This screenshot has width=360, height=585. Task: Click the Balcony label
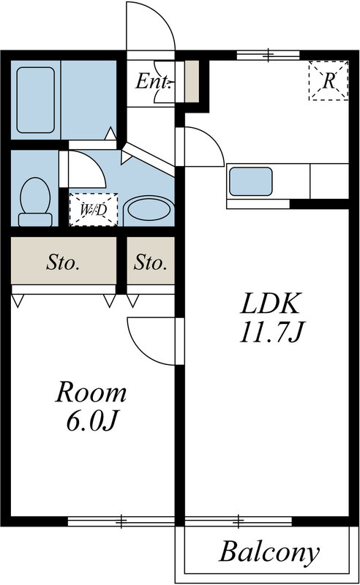tap(269, 552)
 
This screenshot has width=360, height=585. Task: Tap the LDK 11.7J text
tap(270, 318)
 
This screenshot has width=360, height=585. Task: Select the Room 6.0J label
tap(91, 406)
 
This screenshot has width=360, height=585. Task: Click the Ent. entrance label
tap(153, 81)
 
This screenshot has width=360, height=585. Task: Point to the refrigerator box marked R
tap(328, 80)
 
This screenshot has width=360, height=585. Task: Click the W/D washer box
tap(92, 209)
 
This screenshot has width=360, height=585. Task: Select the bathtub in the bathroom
tap(35, 99)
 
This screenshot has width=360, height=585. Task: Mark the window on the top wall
tap(269, 54)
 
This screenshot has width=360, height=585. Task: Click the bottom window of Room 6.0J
tap(121, 521)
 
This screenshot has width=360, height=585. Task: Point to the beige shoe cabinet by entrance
tap(191, 81)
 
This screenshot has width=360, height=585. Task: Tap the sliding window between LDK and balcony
tap(239, 521)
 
